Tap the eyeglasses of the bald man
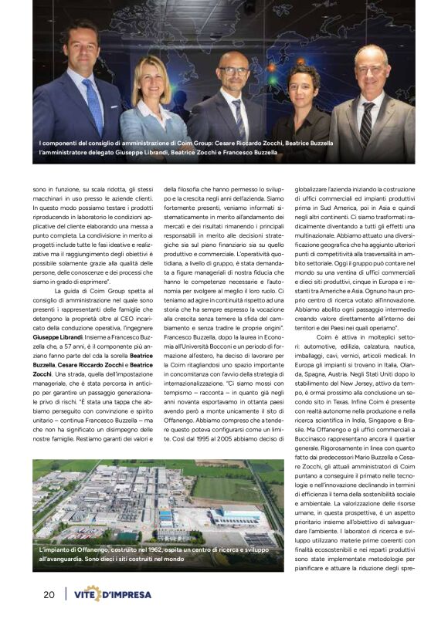[x=233, y=71]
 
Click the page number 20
[x=48, y=594]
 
